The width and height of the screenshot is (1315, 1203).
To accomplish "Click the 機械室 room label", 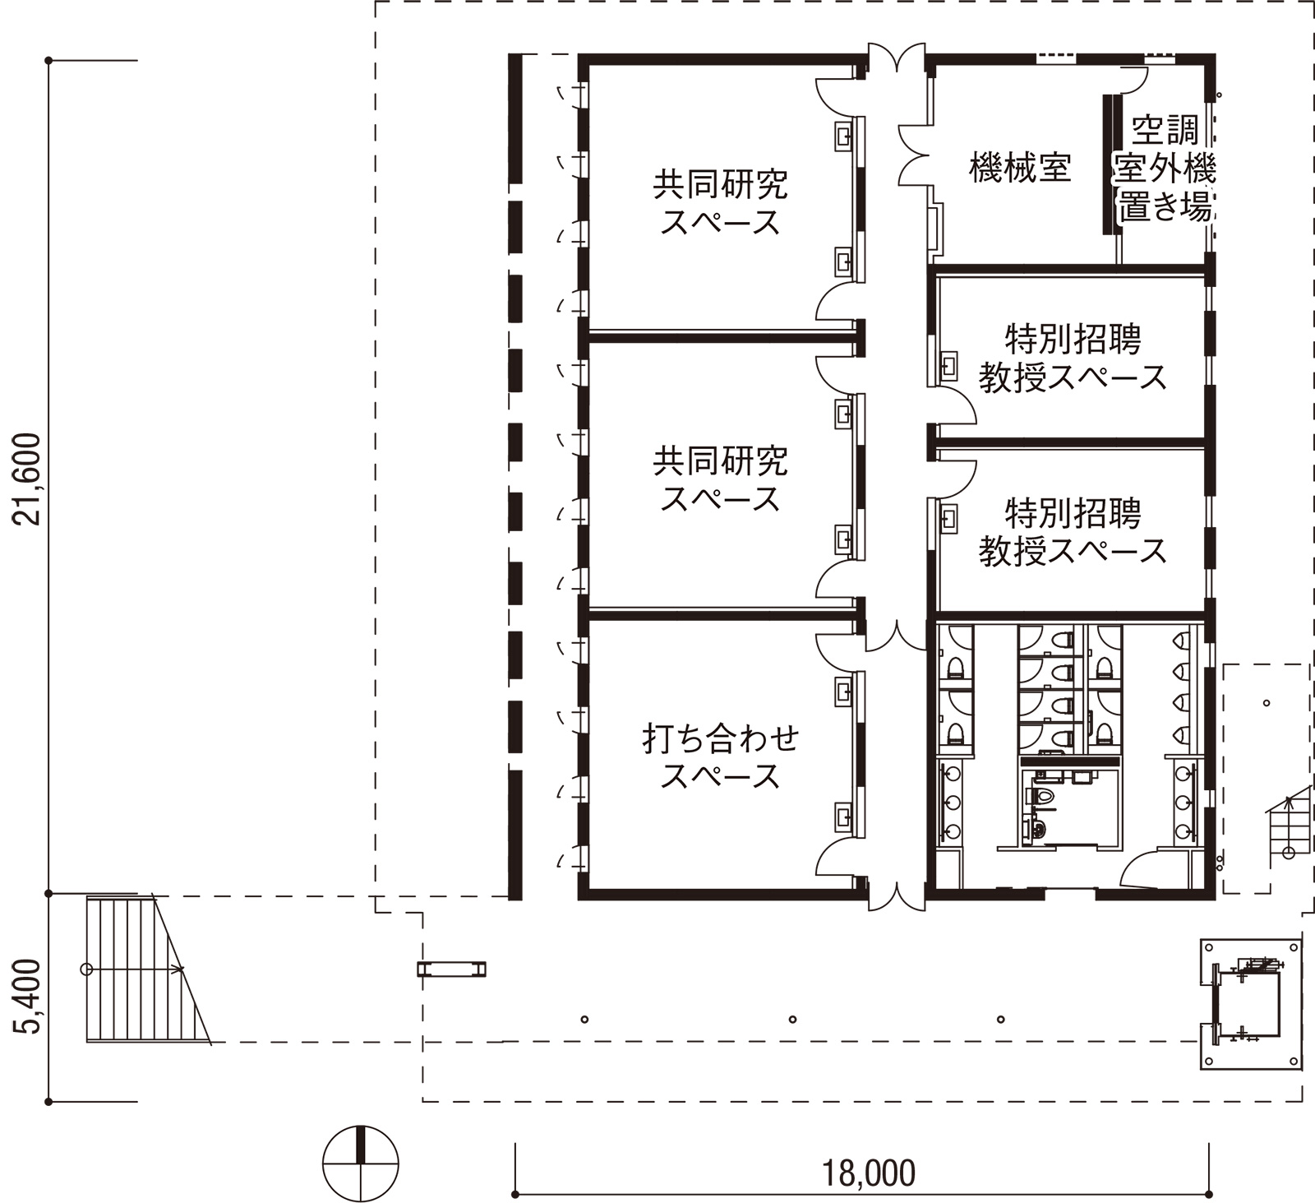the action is pyautogui.click(x=1020, y=167).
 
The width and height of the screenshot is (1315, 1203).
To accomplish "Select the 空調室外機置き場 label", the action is pyautogui.click(x=1165, y=169).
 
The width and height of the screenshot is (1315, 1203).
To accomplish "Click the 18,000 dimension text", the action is pyautogui.click(x=869, y=1173).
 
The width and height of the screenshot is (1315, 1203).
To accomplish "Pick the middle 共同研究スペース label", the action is pyautogui.click(x=721, y=479).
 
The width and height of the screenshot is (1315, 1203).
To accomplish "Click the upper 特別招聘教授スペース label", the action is pyautogui.click(x=1073, y=358).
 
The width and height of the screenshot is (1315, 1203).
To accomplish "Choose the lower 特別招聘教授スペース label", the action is pyautogui.click(x=1073, y=532).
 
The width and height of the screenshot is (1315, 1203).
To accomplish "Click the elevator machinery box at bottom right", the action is pyautogui.click(x=1251, y=1004).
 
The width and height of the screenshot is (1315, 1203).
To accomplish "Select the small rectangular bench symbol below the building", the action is pyautogui.click(x=451, y=969).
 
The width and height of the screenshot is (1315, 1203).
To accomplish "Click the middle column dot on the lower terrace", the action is pyautogui.click(x=792, y=1020).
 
